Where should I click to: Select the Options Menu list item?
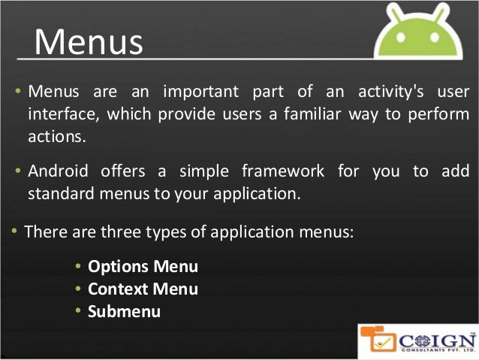coord(143,267)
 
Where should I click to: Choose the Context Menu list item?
coord(143,289)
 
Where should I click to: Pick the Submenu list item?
coord(124,310)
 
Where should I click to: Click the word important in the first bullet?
coord(198,92)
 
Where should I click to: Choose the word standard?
coord(61,192)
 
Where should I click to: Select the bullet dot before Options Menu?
coord(79,267)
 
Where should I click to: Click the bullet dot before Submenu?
coord(79,310)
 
